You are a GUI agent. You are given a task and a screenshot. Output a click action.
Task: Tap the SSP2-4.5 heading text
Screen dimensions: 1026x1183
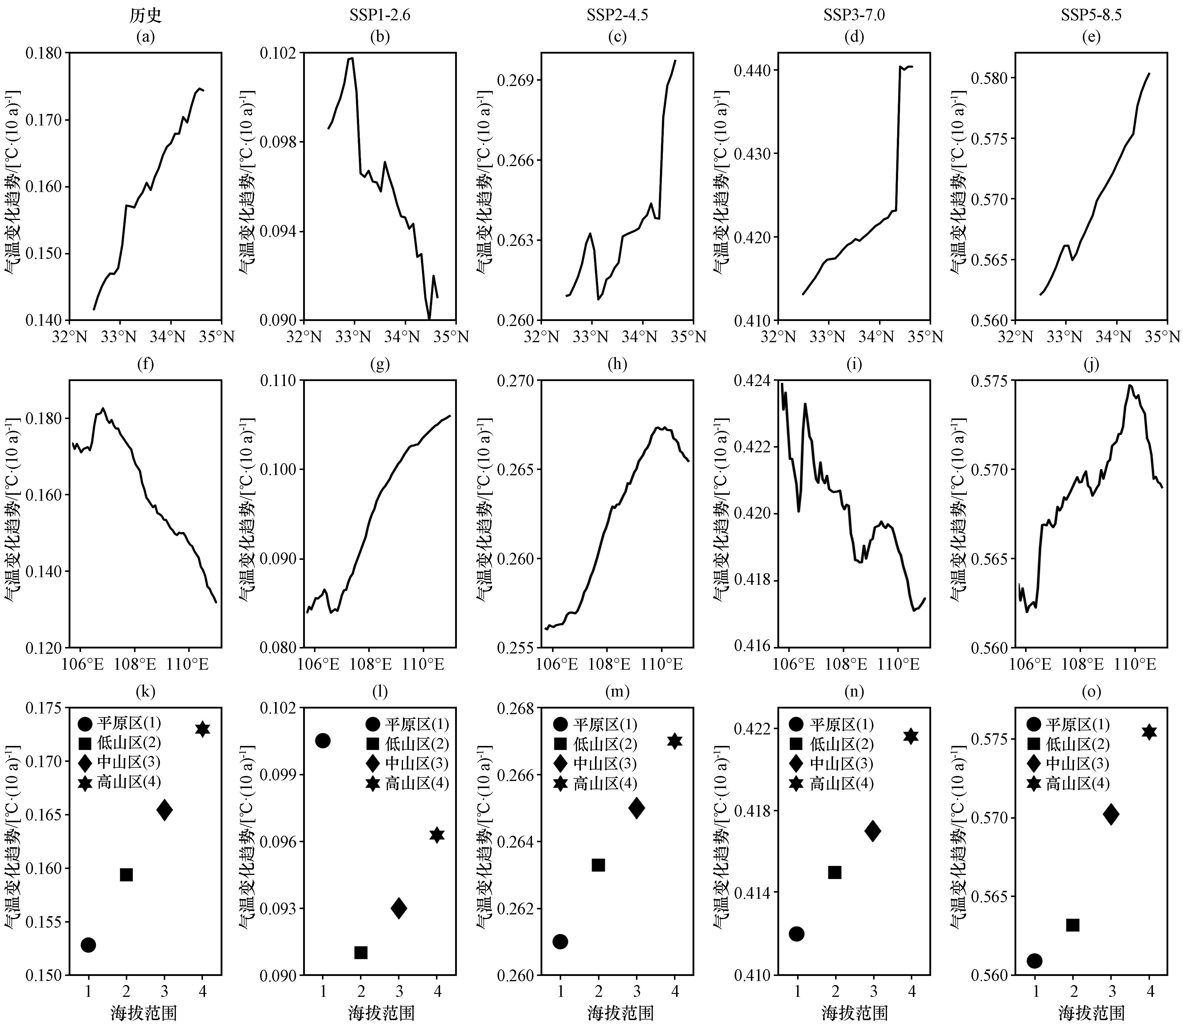point(617,15)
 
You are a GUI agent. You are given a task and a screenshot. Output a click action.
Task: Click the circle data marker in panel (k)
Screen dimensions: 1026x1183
point(88,945)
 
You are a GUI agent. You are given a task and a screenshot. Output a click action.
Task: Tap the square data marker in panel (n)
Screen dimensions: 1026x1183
point(835,873)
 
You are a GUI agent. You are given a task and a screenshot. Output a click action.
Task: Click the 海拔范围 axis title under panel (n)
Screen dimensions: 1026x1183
point(854,1013)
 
